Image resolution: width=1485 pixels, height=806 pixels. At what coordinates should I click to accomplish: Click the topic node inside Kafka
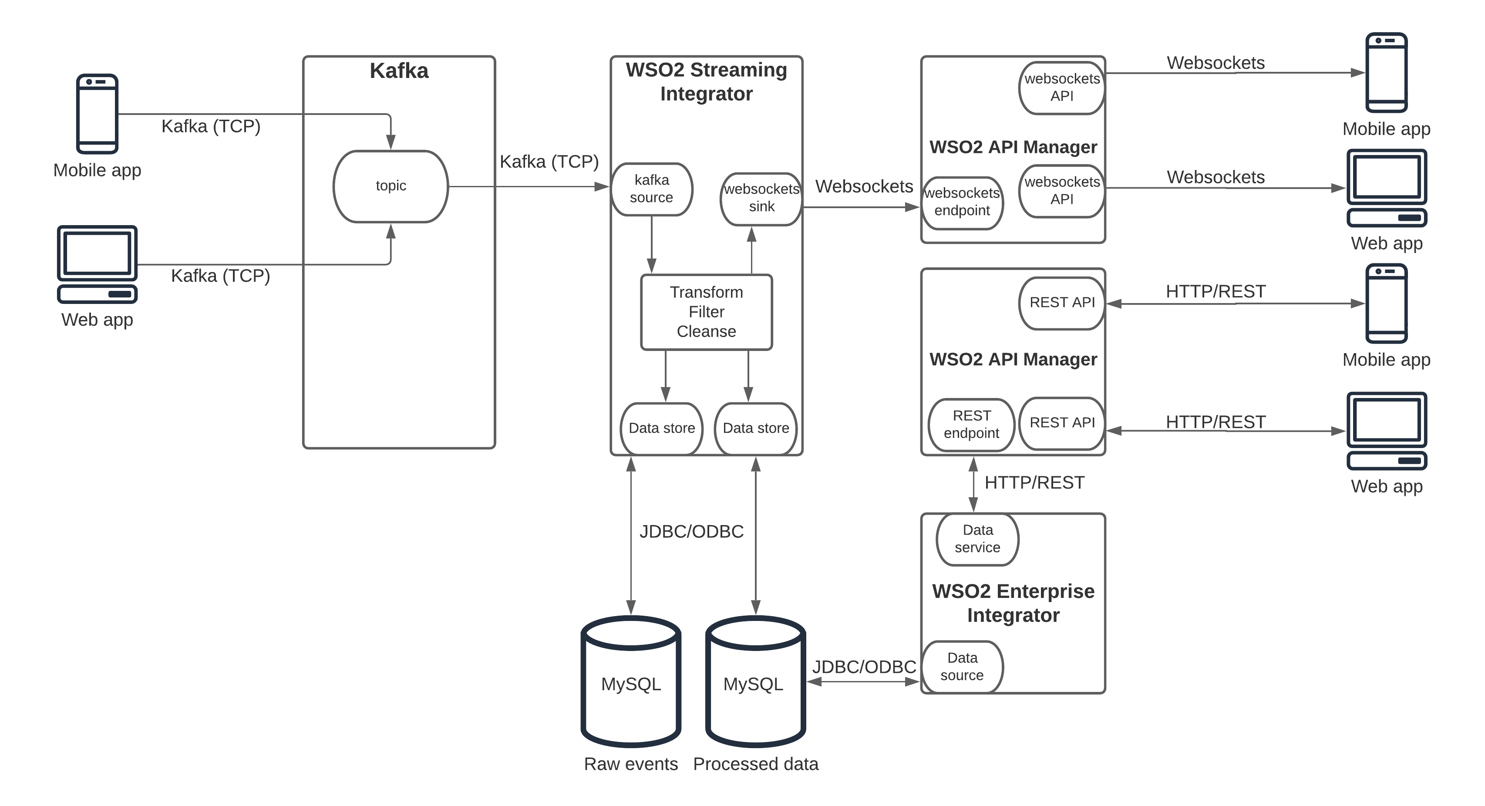[391, 186]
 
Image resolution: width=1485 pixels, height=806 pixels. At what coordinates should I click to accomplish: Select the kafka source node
[651, 189]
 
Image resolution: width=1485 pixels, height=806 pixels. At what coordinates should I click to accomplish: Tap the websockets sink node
[761, 198]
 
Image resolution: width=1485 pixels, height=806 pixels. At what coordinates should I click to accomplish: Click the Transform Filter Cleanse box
[706, 312]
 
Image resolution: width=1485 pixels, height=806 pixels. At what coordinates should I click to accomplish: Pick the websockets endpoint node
[962, 202]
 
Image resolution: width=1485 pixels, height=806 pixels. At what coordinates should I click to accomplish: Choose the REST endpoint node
[971, 424]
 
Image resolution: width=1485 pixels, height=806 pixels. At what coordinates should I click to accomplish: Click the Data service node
[978, 539]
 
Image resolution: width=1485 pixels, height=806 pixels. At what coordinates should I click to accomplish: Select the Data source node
[962, 667]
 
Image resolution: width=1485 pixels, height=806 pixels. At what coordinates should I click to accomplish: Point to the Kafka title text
[399, 71]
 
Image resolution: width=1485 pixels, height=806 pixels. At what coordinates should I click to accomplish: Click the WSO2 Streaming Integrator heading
[706, 82]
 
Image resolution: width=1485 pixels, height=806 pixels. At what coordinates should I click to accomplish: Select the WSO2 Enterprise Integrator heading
[1013, 603]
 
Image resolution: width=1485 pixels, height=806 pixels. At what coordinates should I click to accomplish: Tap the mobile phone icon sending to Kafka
[98, 114]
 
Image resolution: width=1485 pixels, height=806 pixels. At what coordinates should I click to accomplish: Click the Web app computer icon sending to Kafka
[98, 264]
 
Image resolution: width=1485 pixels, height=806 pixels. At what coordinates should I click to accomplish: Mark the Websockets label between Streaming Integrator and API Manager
[864, 186]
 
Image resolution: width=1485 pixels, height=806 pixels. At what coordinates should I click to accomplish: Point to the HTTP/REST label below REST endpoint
[1034, 482]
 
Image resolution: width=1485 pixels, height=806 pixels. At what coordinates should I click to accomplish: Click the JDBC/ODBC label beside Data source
[864, 667]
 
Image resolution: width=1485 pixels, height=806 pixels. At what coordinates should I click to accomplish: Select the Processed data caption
[755, 764]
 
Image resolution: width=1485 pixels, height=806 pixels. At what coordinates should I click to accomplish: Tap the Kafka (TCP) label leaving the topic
[549, 162]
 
